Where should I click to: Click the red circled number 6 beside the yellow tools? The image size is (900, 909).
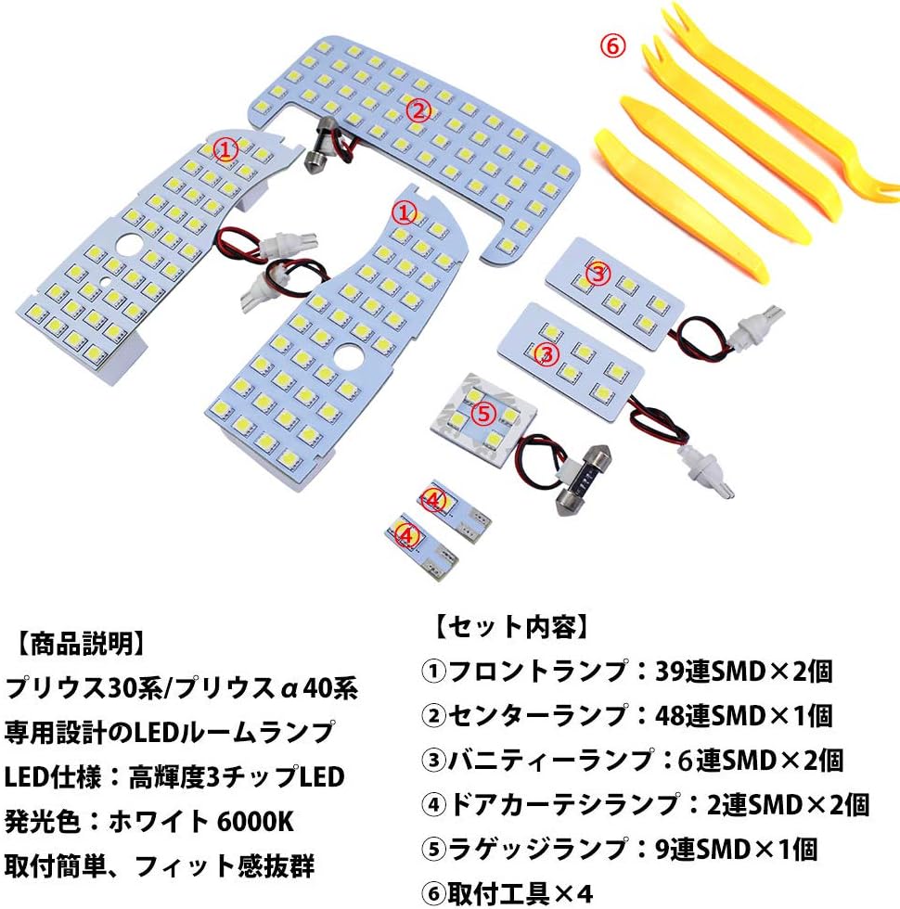pos(612,45)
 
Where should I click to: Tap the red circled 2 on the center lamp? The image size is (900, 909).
pos(418,110)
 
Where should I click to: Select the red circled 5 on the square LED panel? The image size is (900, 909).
pos(484,414)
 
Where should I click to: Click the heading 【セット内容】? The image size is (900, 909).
pos(511,627)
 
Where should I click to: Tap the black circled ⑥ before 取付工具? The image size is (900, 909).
pos(433,894)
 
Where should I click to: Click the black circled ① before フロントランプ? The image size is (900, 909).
pos(433,672)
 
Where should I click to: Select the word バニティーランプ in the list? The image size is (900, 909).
pos(551,760)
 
